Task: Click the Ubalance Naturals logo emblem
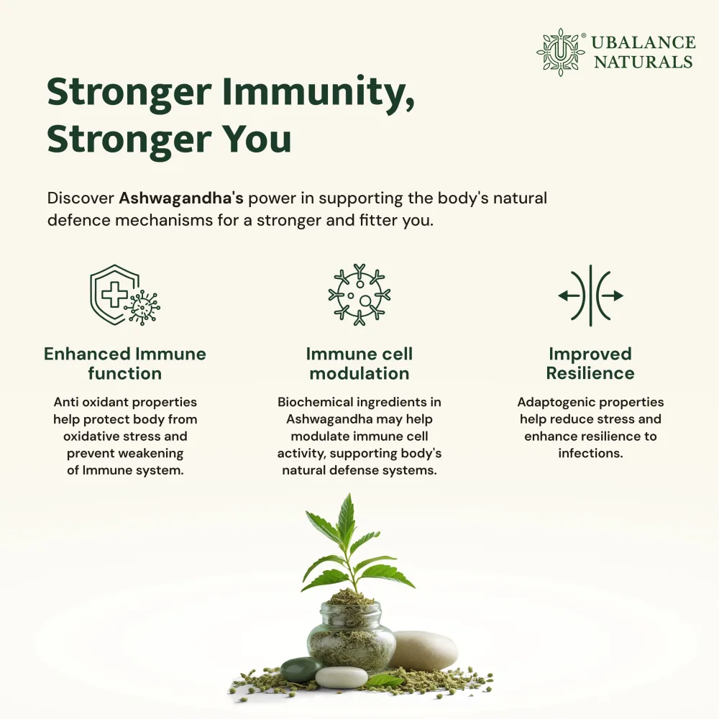(560, 52)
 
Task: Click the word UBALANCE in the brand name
(644, 42)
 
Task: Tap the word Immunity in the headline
(319, 93)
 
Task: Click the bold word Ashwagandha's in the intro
(181, 198)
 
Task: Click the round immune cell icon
(359, 295)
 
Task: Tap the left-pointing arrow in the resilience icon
(569, 296)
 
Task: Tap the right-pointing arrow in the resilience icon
(612, 296)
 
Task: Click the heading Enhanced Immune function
(124, 364)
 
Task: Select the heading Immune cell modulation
(359, 364)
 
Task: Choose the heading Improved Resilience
(590, 364)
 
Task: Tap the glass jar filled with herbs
(351, 635)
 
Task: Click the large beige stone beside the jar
(423, 651)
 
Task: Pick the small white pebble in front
(342, 677)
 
